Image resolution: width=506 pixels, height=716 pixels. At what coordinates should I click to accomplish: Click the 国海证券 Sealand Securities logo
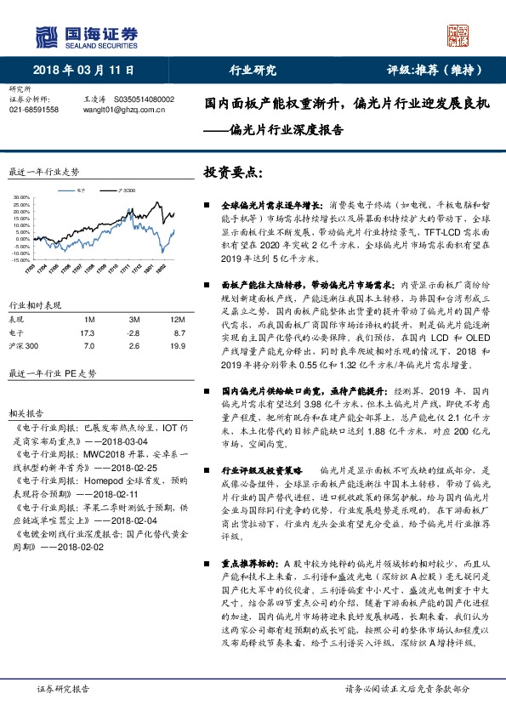pos(85,35)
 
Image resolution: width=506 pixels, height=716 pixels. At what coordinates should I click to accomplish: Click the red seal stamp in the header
pos(458,35)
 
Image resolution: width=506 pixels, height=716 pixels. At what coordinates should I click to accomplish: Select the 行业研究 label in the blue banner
pos(253,71)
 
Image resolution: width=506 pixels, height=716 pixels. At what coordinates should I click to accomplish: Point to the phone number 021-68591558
pos(34,110)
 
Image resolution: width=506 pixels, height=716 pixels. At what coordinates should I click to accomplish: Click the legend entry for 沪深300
pos(127,191)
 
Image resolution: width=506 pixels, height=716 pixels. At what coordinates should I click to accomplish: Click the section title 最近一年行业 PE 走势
pos(52,373)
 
